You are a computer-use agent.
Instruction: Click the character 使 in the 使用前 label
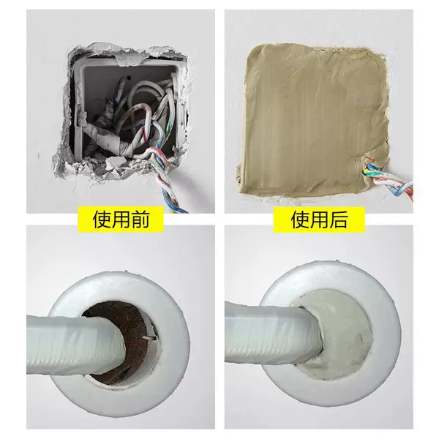click(x=102, y=219)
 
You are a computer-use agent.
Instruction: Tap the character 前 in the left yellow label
click(x=140, y=219)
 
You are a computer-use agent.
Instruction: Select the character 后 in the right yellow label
click(x=339, y=219)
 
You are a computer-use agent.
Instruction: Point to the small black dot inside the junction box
click(x=129, y=77)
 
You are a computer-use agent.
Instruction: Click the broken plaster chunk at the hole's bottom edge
click(x=116, y=162)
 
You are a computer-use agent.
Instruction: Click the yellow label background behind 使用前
click(x=121, y=219)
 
